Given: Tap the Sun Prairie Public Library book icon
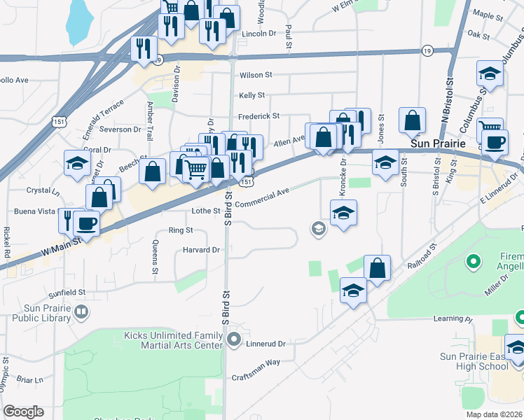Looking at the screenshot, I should point(82,311).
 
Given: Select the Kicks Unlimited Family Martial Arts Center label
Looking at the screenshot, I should point(172,341).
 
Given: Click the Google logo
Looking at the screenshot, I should point(23,412).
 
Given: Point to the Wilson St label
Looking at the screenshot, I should point(255,75).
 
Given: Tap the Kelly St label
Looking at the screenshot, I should point(251,95).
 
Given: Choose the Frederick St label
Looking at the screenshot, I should point(258,116).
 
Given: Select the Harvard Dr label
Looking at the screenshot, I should point(201,250).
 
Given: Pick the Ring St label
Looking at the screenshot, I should point(181,230).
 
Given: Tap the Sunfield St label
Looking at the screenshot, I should point(67,292).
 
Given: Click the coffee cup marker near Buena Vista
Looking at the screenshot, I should point(87,223).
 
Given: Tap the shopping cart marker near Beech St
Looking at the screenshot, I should point(197,168).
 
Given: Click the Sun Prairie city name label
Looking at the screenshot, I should point(438,143).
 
